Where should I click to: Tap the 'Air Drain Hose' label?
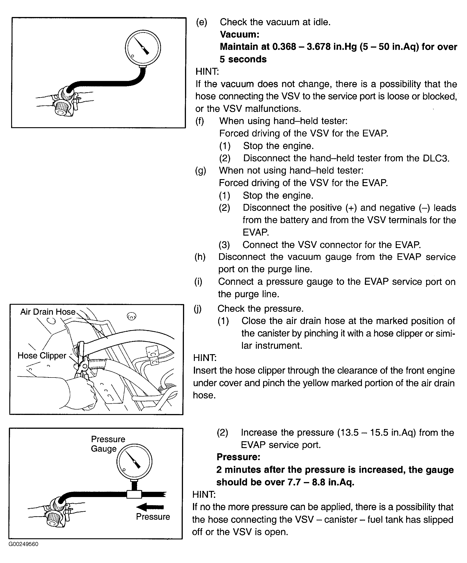point(48,312)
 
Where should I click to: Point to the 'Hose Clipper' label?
point(42,356)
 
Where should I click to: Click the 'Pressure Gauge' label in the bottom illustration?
point(108,444)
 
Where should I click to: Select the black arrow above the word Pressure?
point(150,507)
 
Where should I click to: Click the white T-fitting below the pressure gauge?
point(134,494)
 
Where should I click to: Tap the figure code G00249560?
point(24,544)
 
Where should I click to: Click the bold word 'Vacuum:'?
point(240,34)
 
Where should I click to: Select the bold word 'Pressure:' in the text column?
point(238,457)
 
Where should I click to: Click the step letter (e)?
point(202,22)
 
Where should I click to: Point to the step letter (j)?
point(198,309)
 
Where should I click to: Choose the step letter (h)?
point(200,257)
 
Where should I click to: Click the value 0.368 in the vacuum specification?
point(284,47)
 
